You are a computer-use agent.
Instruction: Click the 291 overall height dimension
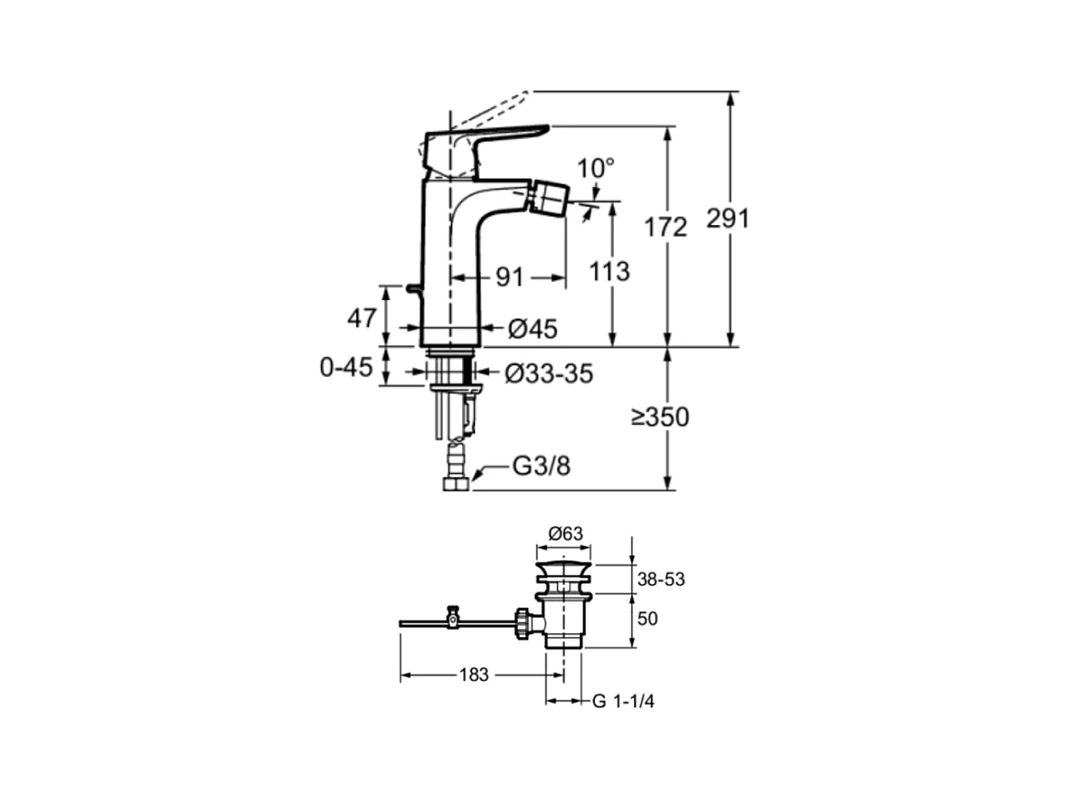pos(727,220)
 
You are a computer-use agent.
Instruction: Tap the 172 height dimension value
pos(666,228)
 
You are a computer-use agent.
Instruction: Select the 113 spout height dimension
pos(610,272)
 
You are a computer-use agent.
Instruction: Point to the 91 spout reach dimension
pos(509,276)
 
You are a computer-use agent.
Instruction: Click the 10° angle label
pos(597,168)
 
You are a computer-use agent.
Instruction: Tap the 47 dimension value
pos(361,319)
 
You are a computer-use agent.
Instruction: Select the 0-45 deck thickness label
pos(346,368)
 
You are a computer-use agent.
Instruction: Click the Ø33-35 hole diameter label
pos(549,373)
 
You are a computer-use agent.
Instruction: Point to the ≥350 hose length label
pos(659,417)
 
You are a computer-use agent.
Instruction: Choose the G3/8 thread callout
pos(541,467)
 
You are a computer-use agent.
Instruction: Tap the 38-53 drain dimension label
pos(661,579)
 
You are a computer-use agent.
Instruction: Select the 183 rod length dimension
pos(474,675)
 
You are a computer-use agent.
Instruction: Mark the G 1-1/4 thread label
pos(623,701)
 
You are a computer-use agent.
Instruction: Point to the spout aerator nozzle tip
pos(553,194)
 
